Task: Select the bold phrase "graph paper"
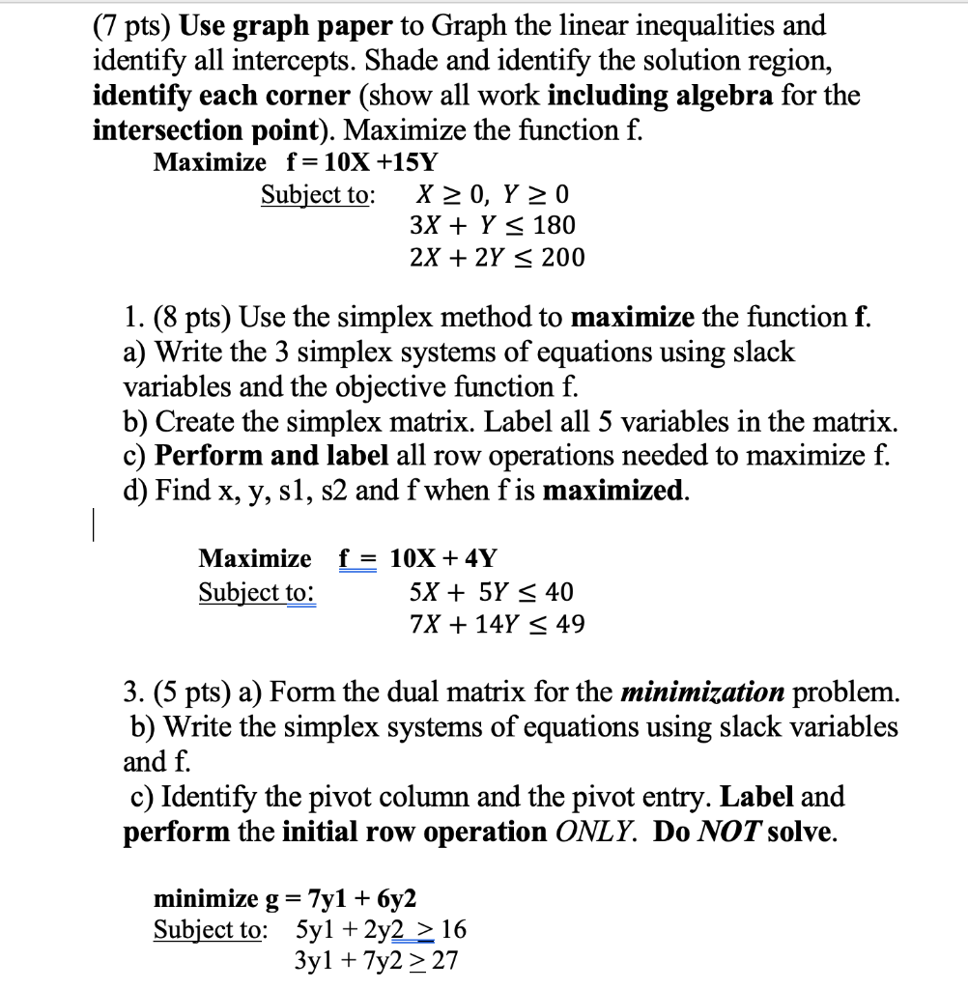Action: click(x=292, y=26)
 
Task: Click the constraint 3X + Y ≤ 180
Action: click(x=492, y=225)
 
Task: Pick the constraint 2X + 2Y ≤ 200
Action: click(x=497, y=257)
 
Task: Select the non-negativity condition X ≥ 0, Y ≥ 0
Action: click(x=491, y=194)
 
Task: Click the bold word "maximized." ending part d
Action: click(x=616, y=490)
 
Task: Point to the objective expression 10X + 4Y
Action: click(x=443, y=558)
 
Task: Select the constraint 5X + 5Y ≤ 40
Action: click(x=492, y=591)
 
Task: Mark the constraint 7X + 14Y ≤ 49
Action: click(x=497, y=624)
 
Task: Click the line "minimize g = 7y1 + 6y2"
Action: click(x=286, y=899)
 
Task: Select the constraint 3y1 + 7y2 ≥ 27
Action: click(x=376, y=960)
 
